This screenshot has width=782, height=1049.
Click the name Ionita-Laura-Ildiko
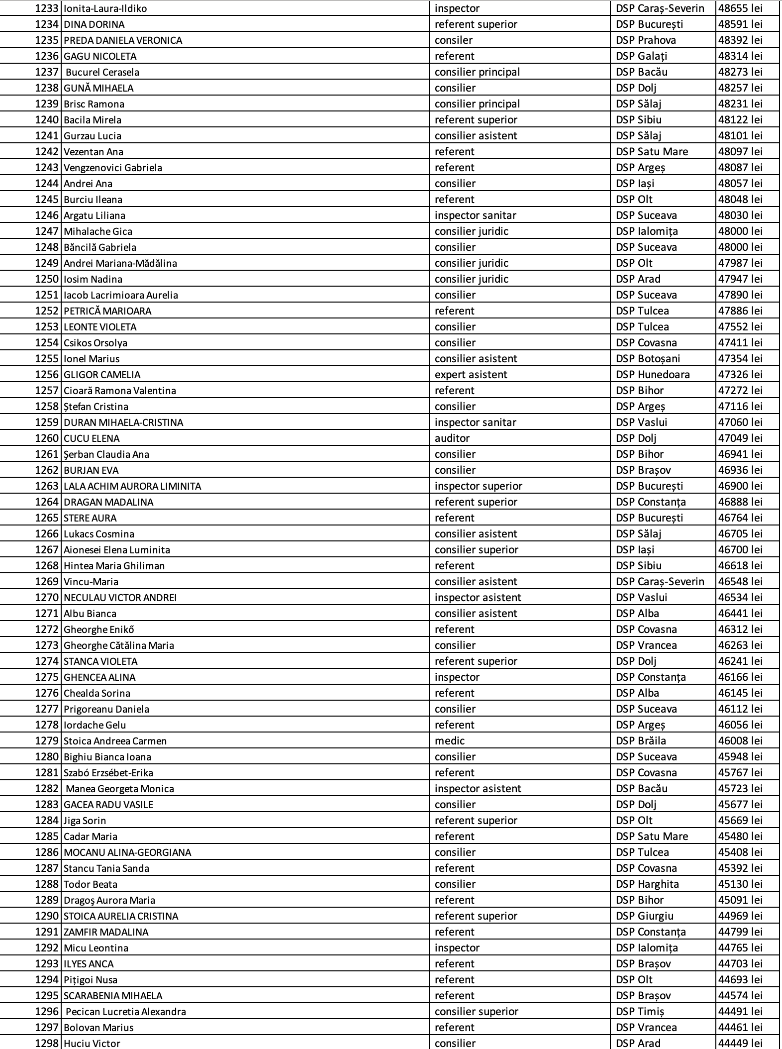click(105, 8)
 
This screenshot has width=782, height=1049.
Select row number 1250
click(47, 279)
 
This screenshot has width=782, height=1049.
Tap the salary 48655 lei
click(740, 8)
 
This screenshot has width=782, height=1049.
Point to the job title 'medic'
click(450, 741)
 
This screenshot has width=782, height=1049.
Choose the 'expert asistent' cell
click(471, 375)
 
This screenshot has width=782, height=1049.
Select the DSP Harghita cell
click(647, 884)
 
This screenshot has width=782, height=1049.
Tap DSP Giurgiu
click(645, 916)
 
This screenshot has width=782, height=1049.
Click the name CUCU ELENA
click(92, 438)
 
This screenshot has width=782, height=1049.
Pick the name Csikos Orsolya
click(96, 343)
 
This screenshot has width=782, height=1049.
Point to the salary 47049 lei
click(740, 438)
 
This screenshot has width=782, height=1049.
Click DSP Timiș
click(640, 1012)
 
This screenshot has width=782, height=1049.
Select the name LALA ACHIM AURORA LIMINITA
click(132, 486)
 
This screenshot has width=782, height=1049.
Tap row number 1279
click(47, 741)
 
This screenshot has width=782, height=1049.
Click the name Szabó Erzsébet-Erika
click(108, 773)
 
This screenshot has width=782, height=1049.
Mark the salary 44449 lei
click(740, 1043)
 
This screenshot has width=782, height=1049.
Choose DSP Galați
click(642, 56)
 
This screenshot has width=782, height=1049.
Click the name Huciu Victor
click(92, 1043)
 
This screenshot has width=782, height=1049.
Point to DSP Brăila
click(641, 741)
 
